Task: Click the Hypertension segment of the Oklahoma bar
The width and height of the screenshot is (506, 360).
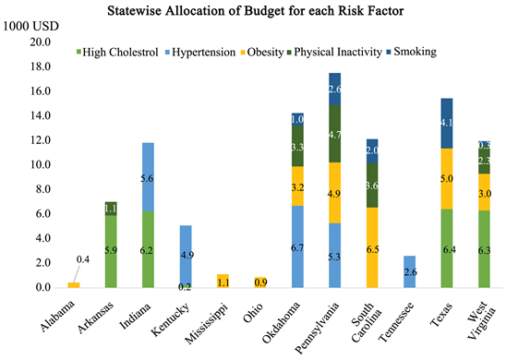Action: coord(297,246)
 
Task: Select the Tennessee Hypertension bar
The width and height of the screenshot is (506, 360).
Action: coord(408,271)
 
